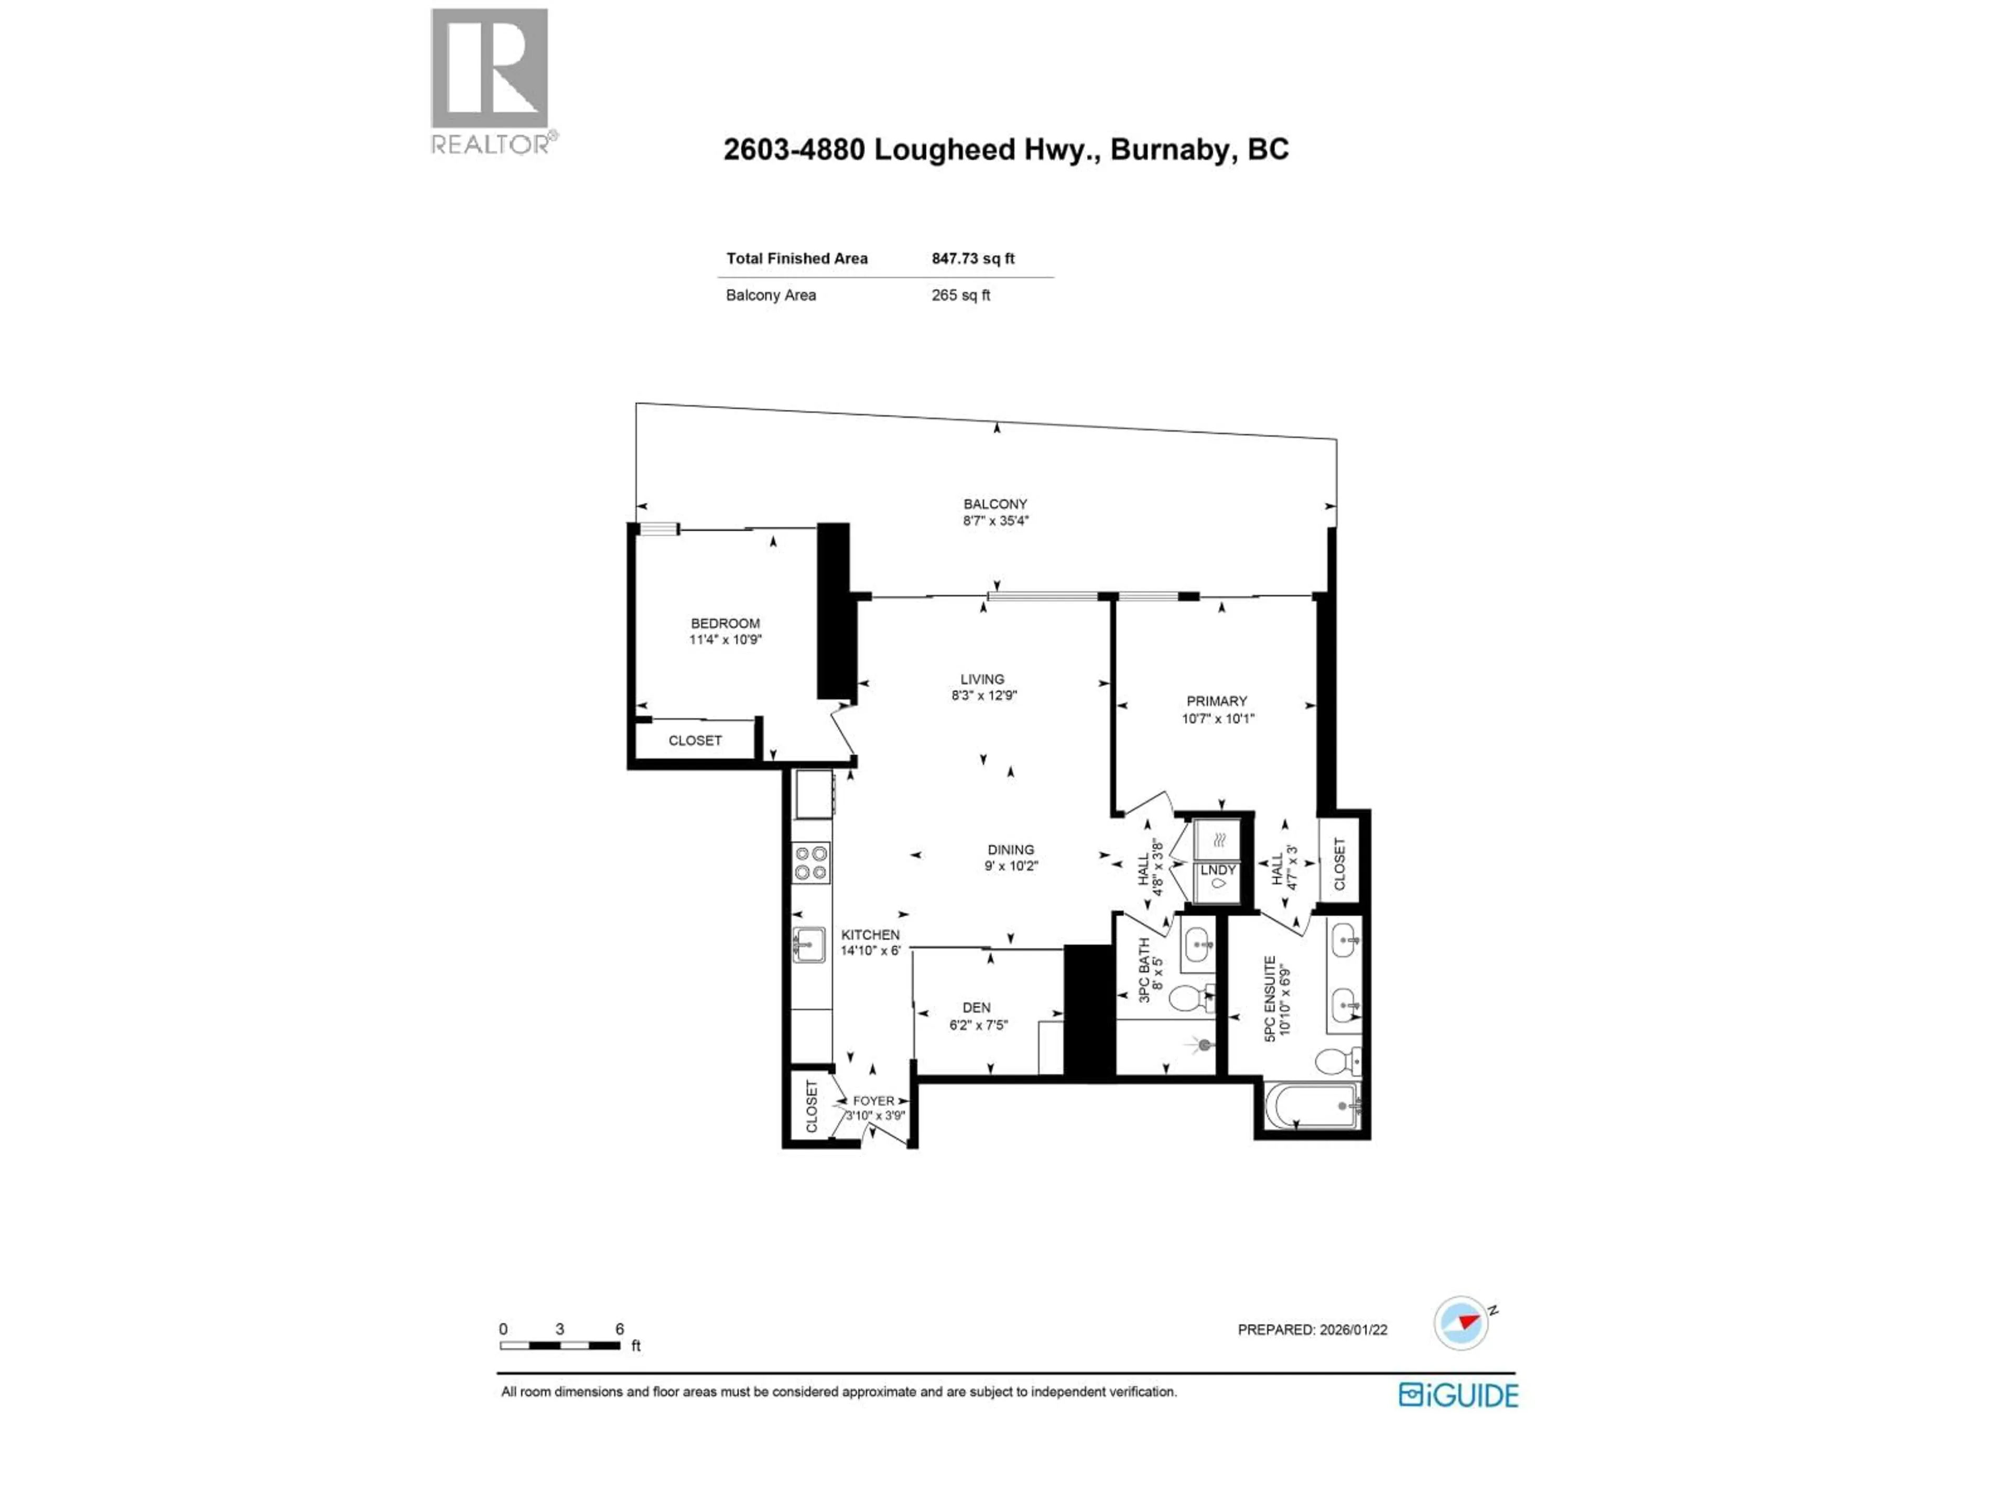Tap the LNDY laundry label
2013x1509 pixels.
[1218, 870]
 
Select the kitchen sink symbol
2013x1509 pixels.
[808, 944]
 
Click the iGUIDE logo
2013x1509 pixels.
[1458, 1395]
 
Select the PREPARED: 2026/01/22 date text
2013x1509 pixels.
[1312, 1330]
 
